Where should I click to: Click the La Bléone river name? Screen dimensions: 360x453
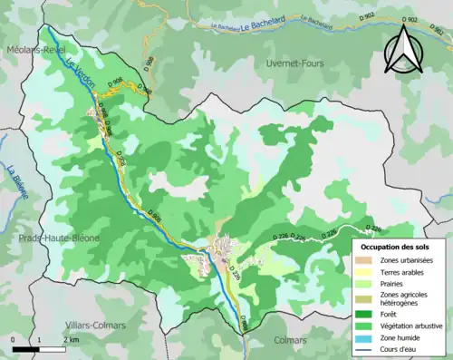point(14,180)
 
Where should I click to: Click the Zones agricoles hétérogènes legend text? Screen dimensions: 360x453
point(406,298)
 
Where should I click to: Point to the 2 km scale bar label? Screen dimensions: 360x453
point(72,339)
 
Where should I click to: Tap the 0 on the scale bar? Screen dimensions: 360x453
point(14,339)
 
